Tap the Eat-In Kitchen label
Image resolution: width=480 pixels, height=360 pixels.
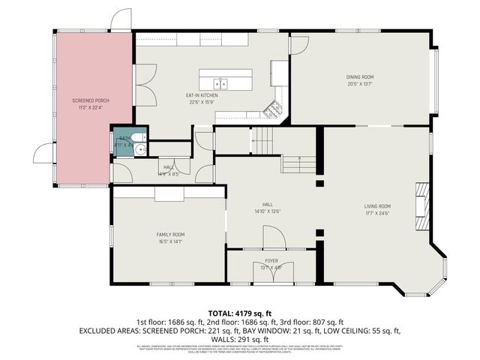(202, 96)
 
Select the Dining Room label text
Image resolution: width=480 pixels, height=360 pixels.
(359, 76)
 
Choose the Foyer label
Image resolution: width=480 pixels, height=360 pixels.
(271, 260)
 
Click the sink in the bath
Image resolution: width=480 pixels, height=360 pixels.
(139, 149)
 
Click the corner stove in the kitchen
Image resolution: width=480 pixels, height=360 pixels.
(275, 108)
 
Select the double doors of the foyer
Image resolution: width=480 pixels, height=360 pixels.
(270, 273)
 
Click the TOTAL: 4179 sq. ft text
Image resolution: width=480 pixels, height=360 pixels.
(240, 313)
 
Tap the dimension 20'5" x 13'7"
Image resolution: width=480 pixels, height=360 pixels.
(359, 83)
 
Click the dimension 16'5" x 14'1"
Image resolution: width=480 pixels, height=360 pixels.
(169, 241)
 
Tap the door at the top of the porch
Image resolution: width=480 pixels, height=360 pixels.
(120, 21)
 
